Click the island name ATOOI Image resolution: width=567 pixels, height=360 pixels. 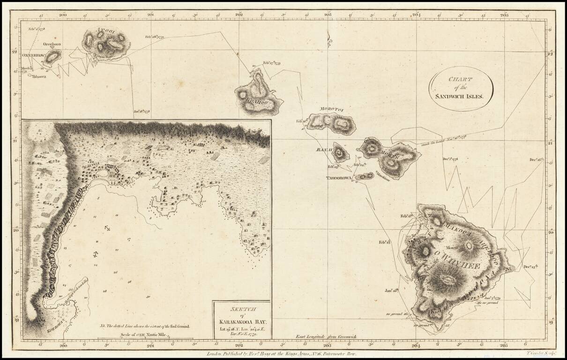104,31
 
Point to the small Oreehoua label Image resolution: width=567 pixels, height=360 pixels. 52,45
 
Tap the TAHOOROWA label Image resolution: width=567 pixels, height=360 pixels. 339,178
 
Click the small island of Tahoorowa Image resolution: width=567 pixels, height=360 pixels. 364,177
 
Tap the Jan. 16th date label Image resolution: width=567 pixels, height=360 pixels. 392,291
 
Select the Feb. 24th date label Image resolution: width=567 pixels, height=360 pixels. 359,165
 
